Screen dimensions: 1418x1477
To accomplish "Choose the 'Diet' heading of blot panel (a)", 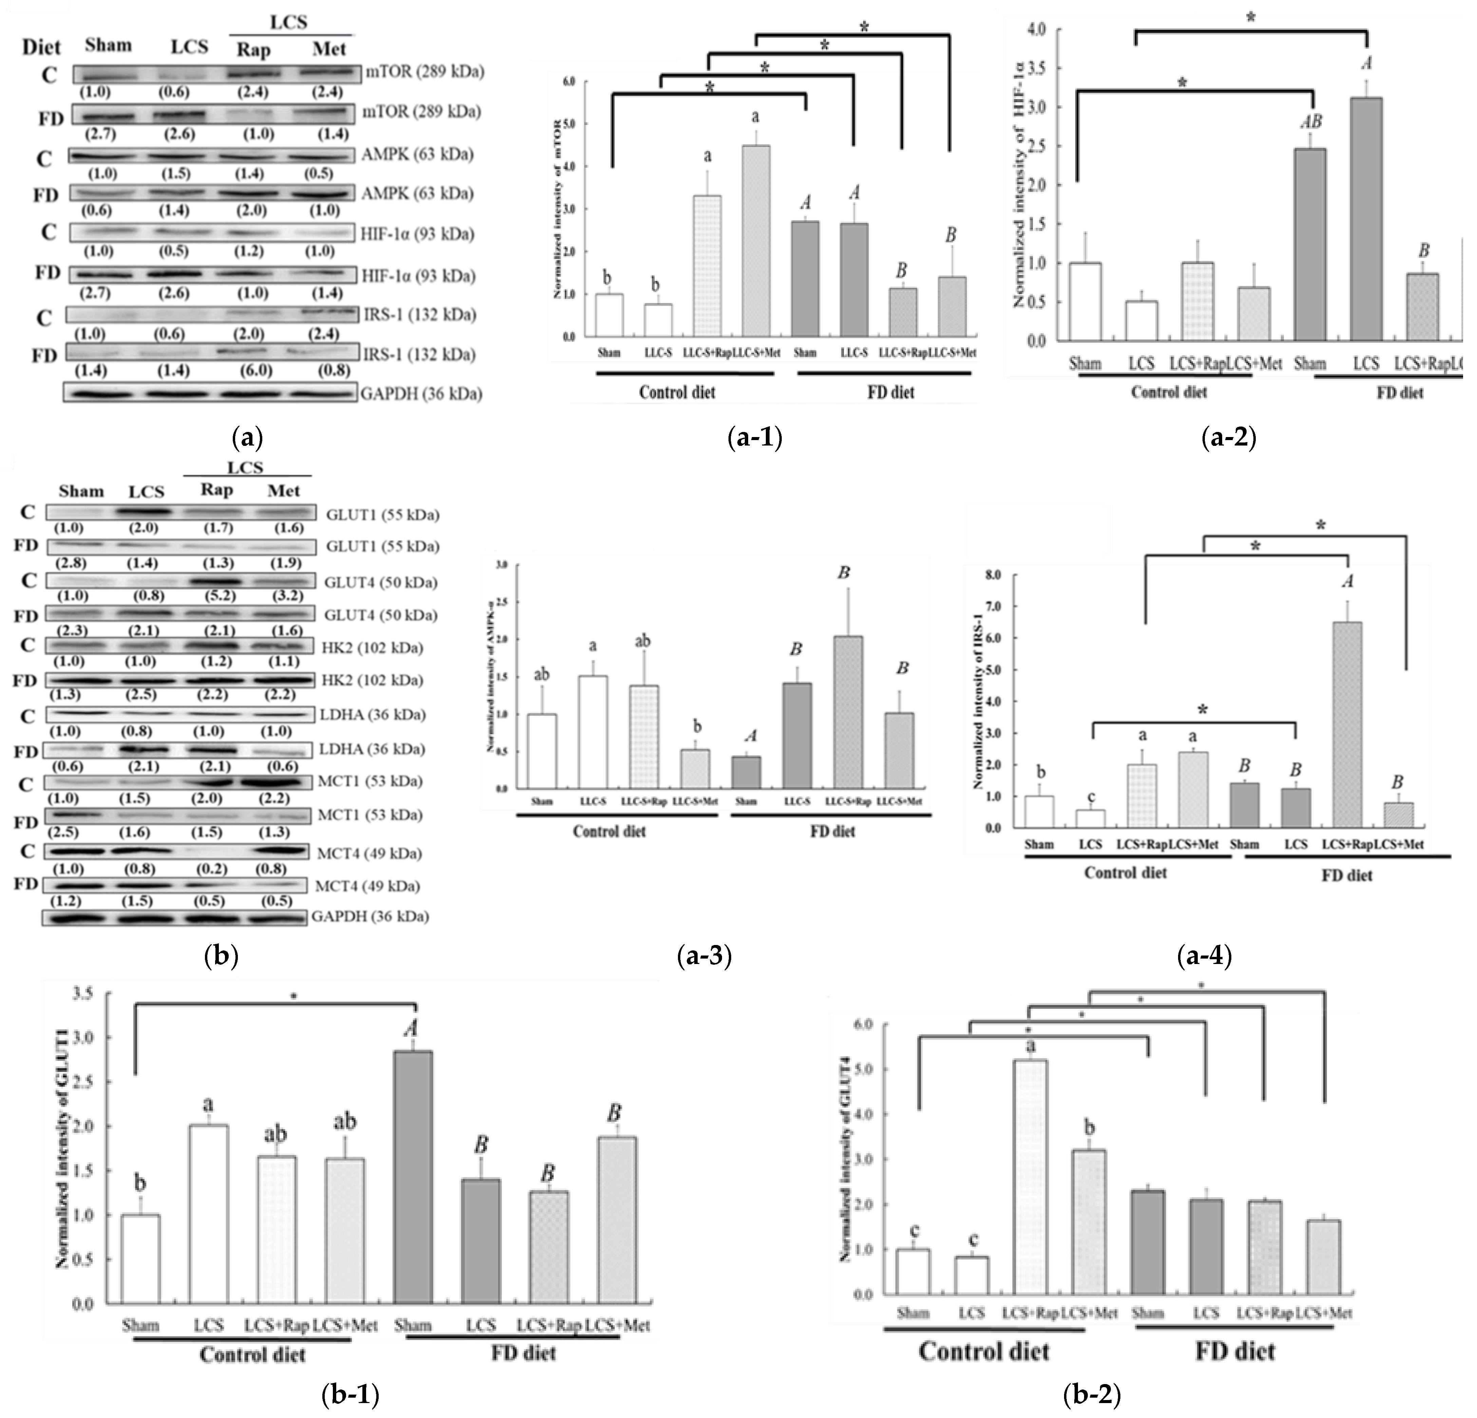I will pos(41,47).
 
